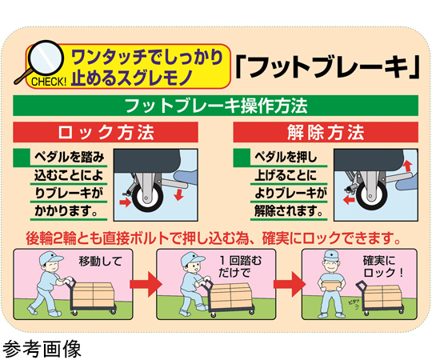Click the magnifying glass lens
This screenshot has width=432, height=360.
[46, 58]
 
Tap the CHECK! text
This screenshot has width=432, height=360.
[49, 82]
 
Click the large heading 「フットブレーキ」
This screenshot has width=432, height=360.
[326, 67]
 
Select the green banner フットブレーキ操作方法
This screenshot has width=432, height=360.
[215, 106]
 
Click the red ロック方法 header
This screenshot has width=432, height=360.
[106, 132]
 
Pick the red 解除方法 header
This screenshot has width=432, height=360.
[326, 132]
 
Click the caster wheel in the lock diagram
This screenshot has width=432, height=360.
[147, 197]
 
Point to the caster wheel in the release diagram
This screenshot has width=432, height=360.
[371, 195]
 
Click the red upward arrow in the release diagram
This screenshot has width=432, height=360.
[408, 166]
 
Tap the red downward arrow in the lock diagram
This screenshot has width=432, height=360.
[179, 194]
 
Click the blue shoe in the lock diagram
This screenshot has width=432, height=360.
[186, 177]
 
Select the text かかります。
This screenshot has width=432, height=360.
[66, 211]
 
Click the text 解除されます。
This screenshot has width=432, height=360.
[288, 211]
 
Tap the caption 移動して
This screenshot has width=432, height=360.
[100, 261]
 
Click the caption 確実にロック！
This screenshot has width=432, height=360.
[383, 266]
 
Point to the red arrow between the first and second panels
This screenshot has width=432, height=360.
[145, 284]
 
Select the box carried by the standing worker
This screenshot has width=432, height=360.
[332, 283]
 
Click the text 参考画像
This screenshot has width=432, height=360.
[42, 348]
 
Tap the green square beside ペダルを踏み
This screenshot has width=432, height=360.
[22, 158]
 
